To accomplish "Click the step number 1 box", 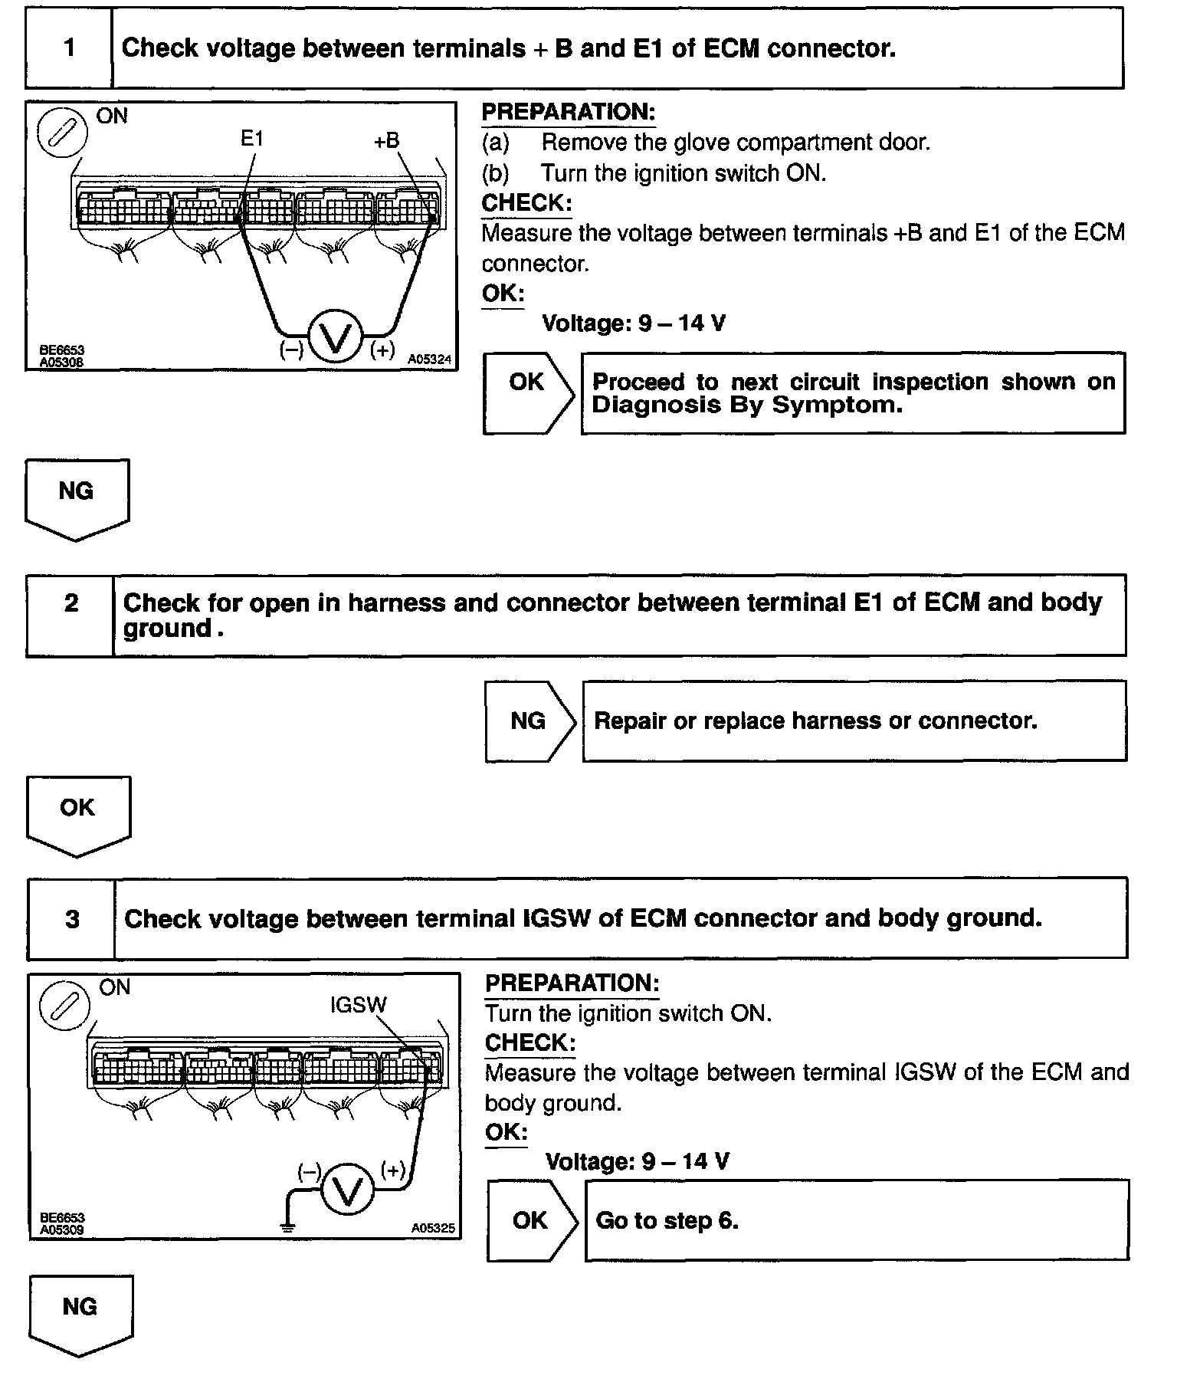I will coord(69,48).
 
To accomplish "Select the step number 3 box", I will coord(72,918).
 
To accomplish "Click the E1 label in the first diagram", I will coord(252,139).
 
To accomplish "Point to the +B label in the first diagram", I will coord(387,140).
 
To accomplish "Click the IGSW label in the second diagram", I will coord(359,1004).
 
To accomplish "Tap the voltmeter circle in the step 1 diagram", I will coord(334,338).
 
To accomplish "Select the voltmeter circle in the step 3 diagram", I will coord(348,1190).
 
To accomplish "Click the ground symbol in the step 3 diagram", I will coord(288,1227).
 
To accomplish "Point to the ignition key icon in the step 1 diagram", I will coord(63,133).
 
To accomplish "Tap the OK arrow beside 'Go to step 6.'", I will coord(532,1220).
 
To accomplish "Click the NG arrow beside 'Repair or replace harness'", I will coord(529,721).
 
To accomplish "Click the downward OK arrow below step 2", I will coord(78,815).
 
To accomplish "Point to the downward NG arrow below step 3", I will coord(80,1315).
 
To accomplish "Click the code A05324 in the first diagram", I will coord(430,359).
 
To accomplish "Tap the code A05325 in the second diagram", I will coord(433,1228).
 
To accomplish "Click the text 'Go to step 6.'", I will coord(667,1220).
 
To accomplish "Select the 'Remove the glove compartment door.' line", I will coord(736,143).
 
